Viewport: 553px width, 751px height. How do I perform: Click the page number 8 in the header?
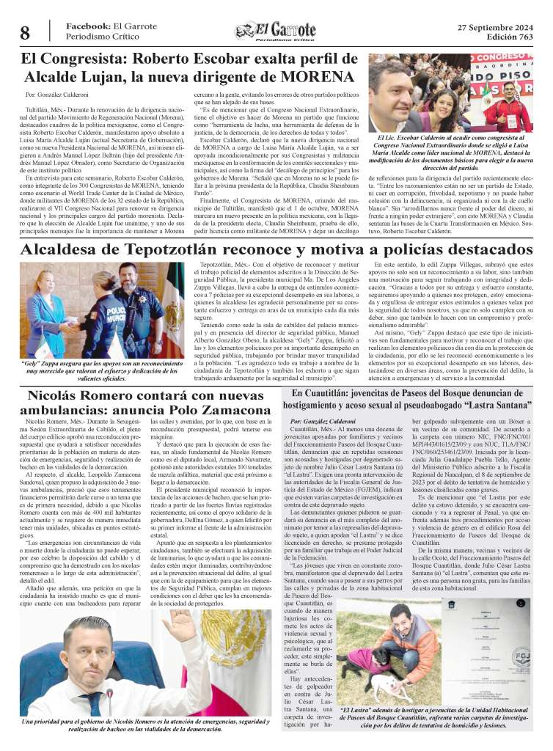point(25,33)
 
